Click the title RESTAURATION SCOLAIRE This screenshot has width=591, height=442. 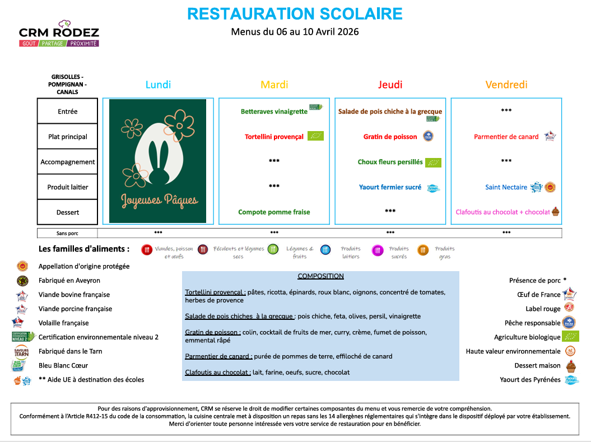point(295,13)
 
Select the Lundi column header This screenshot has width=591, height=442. point(158,85)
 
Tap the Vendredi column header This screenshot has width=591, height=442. point(506,85)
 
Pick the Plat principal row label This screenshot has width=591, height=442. point(68,137)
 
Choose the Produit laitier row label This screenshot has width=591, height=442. point(68,187)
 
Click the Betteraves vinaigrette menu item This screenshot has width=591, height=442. point(274,111)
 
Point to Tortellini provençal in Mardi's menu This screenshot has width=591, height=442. point(274,137)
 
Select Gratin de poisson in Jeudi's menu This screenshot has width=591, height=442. point(390,137)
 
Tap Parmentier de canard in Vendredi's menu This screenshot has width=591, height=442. point(506,137)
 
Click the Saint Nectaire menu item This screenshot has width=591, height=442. point(506,187)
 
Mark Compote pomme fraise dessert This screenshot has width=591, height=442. point(274,212)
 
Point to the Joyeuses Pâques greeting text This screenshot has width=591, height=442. point(159,199)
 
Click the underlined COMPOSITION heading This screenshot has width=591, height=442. point(320,276)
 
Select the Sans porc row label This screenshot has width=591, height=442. point(67,233)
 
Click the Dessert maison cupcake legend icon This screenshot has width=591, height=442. point(571,366)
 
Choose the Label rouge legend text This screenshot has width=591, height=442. point(543,309)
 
